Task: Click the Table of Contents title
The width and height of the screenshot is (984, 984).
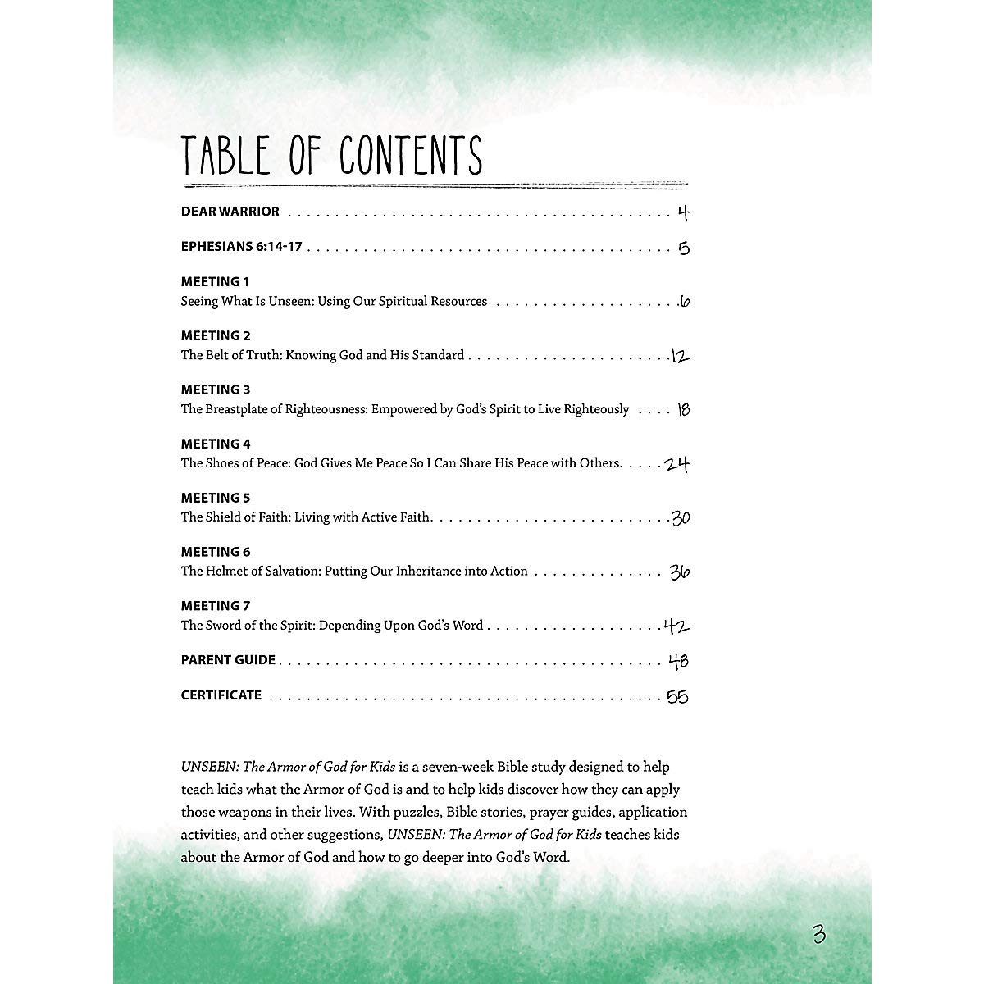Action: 331,156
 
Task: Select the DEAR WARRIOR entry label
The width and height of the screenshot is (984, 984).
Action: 230,212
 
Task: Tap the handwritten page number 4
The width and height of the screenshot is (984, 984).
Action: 683,214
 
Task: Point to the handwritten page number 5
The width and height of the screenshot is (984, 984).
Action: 684,248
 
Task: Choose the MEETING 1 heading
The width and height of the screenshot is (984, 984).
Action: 215,281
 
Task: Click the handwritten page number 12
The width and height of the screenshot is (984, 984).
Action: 680,357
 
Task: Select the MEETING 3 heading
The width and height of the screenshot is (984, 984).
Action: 215,389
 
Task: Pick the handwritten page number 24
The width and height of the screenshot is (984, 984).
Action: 676,465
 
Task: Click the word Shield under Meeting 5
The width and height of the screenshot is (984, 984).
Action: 223,517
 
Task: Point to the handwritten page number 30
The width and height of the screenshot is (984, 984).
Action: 680,518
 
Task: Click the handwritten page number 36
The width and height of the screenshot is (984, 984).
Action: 679,572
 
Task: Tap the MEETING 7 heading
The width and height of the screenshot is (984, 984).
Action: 215,606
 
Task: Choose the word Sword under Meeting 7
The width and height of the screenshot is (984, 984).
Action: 221,626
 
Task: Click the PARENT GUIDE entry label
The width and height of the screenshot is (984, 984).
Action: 228,660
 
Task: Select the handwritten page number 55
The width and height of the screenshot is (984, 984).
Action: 677,697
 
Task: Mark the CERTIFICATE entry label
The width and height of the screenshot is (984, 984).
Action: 221,695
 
